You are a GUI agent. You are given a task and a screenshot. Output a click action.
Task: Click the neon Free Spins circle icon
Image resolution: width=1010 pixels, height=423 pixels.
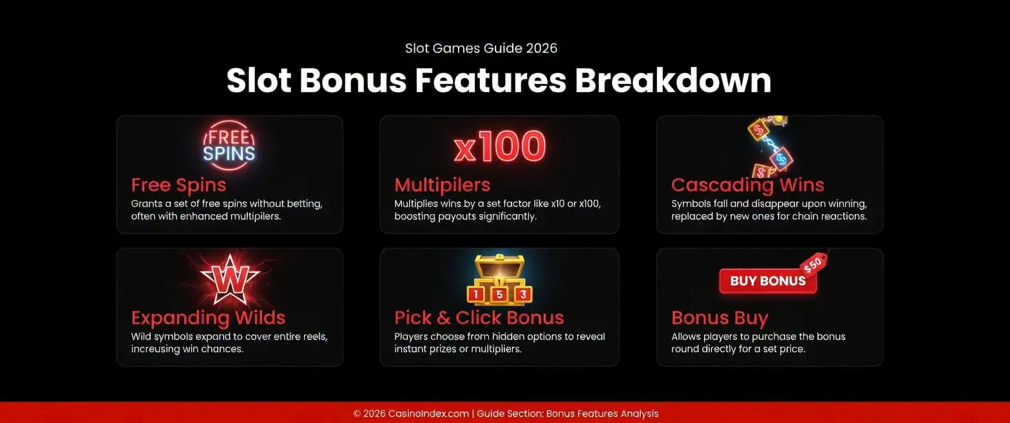point(229,145)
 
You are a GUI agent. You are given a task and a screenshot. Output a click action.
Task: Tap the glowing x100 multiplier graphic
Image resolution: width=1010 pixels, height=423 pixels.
point(499,147)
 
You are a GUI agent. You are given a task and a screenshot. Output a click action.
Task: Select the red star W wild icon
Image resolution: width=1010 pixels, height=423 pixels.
point(229,279)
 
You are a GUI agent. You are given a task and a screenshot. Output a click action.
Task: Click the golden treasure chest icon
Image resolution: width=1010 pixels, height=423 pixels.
point(499,271)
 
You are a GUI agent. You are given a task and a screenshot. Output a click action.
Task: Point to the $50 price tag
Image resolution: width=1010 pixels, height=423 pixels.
point(813,263)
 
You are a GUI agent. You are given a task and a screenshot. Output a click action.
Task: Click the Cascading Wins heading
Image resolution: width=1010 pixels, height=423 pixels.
point(747,185)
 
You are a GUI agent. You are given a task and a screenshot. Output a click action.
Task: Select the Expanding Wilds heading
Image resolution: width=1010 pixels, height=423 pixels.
point(208,318)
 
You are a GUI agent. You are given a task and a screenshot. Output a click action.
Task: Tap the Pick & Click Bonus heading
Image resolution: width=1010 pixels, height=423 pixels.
point(479,318)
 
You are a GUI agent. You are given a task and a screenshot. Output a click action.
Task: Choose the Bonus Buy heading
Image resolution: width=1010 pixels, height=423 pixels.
point(719,318)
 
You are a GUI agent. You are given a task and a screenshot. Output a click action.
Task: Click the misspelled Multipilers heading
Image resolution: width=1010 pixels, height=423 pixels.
point(442,185)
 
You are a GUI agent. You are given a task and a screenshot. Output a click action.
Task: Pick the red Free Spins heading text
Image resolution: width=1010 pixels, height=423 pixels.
point(178,185)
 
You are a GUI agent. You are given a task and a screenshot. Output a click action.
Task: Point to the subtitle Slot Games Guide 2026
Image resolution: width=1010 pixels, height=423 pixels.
point(481,48)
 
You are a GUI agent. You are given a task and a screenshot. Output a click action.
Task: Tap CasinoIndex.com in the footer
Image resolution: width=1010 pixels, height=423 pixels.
point(428,414)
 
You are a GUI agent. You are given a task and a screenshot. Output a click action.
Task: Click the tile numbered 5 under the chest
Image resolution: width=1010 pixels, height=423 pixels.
point(499,295)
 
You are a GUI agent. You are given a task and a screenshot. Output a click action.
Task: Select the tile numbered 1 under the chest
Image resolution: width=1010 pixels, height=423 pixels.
point(475,295)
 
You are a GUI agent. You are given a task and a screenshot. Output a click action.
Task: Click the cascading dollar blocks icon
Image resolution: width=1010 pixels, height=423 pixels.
point(770,148)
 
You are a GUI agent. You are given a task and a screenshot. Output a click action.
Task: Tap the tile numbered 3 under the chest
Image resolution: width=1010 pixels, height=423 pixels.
point(523,295)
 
